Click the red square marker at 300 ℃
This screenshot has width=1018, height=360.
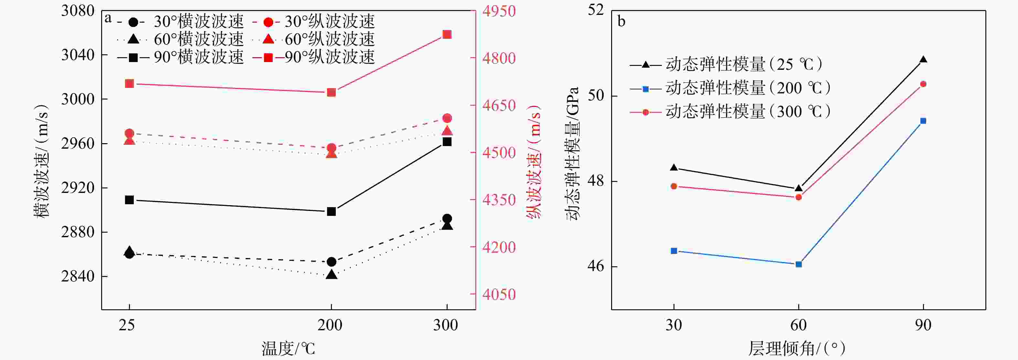coord(447,35)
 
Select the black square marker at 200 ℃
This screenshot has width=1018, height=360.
coord(332,212)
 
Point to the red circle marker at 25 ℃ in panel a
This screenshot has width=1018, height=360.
coord(129,133)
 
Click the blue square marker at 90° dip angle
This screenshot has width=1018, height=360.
coord(923,121)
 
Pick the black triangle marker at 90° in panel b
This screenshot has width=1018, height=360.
coord(923,60)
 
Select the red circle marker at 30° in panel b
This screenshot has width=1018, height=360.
coord(674,186)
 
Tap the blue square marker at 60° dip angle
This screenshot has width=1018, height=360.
coord(799,264)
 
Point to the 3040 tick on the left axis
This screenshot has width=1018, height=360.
coord(78,55)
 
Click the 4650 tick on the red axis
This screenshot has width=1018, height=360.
coord(499,105)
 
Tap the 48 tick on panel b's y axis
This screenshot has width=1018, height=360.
coord(596,181)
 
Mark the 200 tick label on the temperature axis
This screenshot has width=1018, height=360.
coord(330,325)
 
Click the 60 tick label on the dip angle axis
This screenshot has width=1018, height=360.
coord(798,325)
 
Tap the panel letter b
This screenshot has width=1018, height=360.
coord(621,21)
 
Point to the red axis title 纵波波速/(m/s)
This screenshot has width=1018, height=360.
coord(534,162)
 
